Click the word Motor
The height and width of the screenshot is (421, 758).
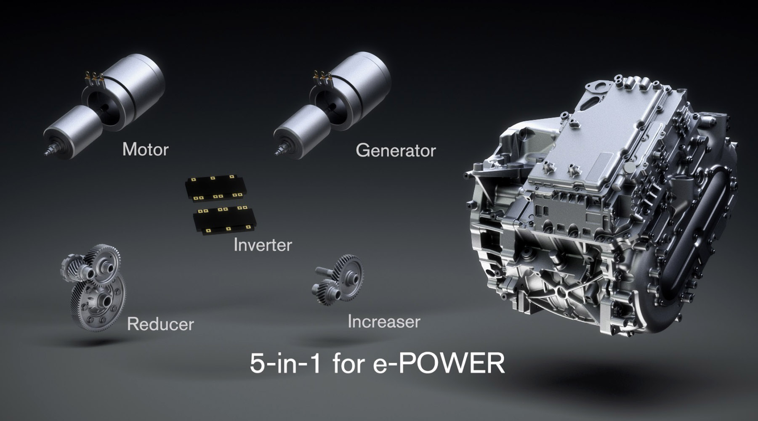point(145,149)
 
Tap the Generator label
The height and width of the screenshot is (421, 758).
point(396,151)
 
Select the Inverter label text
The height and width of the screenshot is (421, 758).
point(263,245)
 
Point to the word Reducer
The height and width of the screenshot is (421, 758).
point(160,324)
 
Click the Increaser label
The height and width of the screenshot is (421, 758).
point(384,322)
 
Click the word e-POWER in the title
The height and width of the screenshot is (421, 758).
point(439,363)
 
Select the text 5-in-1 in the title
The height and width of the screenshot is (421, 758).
point(285,363)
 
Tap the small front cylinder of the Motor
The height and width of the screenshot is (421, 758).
point(72,130)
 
